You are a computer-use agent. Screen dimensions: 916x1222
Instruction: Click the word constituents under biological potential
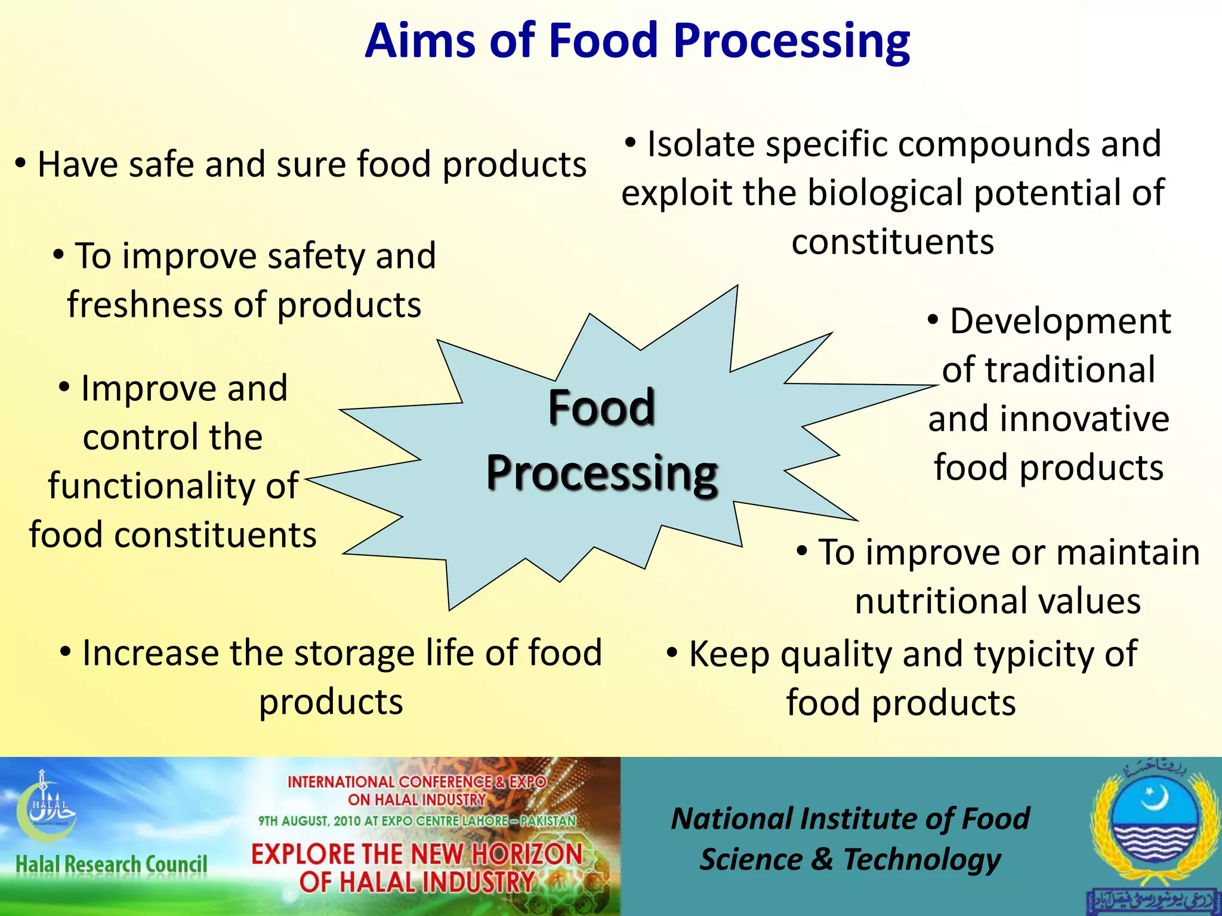[893, 242]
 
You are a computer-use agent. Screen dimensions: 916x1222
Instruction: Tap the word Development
[1060, 321]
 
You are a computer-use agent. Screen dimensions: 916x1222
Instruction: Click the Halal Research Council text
[111, 864]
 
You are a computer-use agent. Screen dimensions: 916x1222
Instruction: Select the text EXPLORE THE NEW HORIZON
[416, 854]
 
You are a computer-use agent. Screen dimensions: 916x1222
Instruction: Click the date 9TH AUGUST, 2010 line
[416, 821]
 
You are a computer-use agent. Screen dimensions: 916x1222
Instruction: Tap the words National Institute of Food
[850, 819]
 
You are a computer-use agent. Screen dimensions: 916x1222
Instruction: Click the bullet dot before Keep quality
[672, 652]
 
